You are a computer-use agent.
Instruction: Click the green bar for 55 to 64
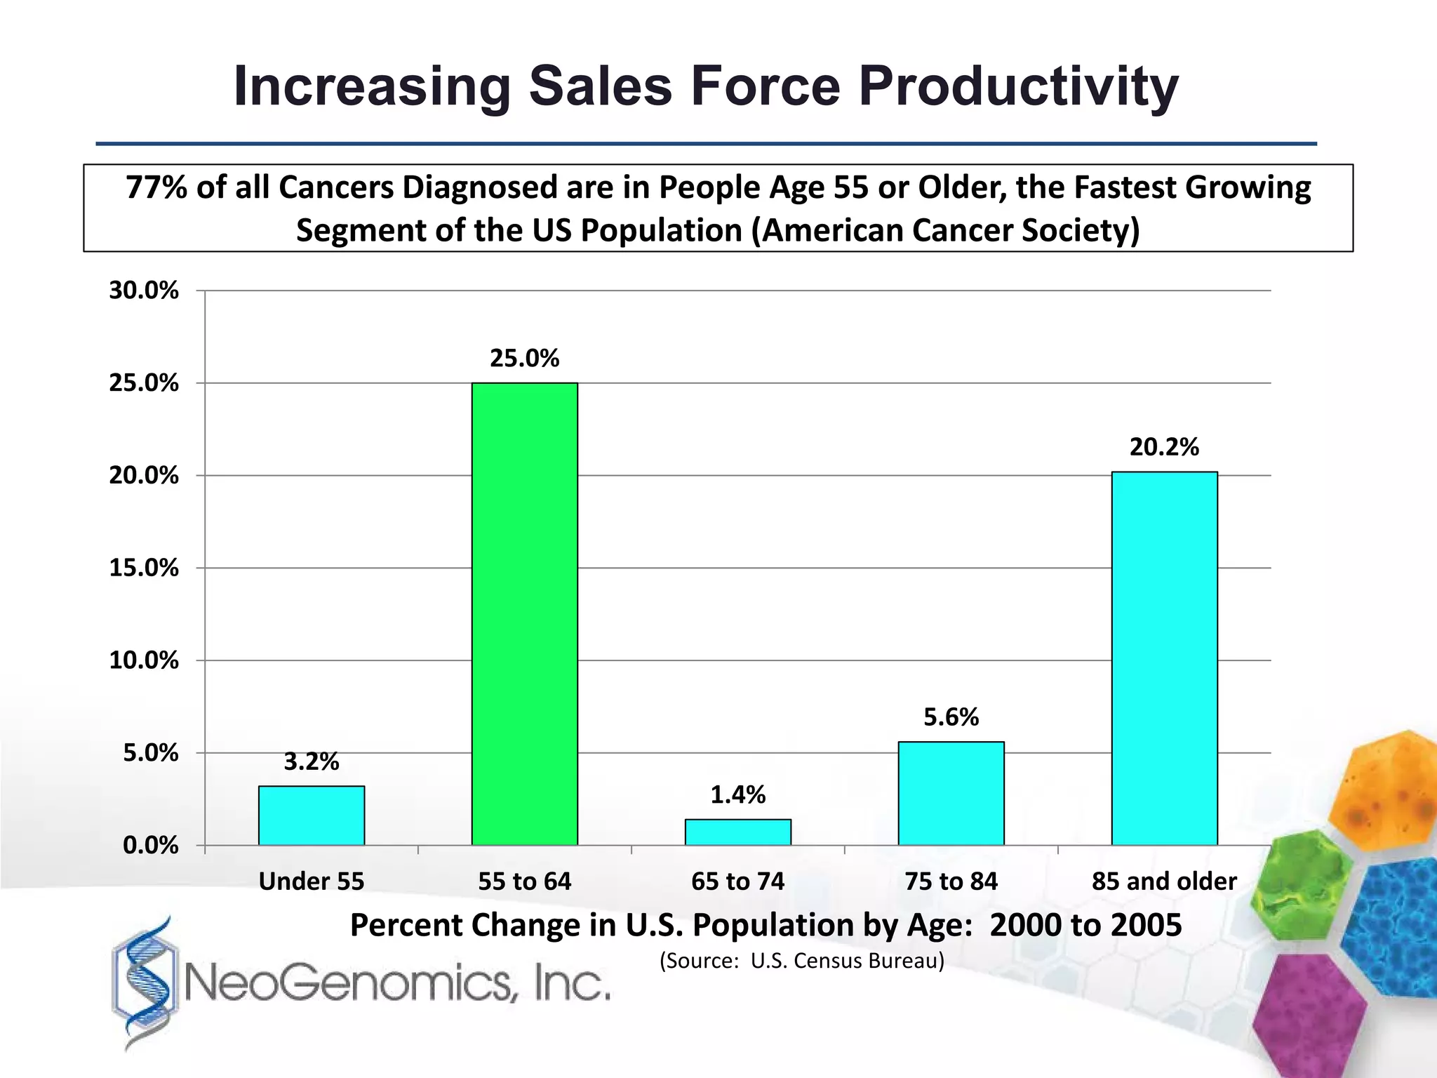click(x=524, y=613)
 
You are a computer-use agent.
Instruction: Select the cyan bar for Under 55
click(x=311, y=816)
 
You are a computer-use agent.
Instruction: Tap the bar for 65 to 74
click(x=737, y=832)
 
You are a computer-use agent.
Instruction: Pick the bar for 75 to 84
click(x=951, y=793)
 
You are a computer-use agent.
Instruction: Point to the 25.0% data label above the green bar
click(x=524, y=359)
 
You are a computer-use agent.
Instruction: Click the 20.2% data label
click(x=1164, y=447)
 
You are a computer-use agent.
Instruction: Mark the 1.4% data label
click(x=737, y=795)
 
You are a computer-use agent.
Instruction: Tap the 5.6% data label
click(x=951, y=717)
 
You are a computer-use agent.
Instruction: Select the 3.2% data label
click(x=311, y=761)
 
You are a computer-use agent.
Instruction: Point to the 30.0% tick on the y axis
click(x=144, y=291)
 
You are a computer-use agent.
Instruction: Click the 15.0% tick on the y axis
click(x=144, y=568)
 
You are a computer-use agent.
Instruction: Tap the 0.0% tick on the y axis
click(x=150, y=846)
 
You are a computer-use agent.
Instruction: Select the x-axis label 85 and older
click(x=1164, y=881)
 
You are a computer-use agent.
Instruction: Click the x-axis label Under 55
click(x=311, y=881)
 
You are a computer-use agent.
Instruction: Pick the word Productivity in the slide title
click(x=1018, y=87)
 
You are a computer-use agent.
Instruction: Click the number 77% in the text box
click(x=156, y=188)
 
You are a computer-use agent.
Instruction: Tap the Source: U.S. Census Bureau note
click(x=802, y=960)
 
